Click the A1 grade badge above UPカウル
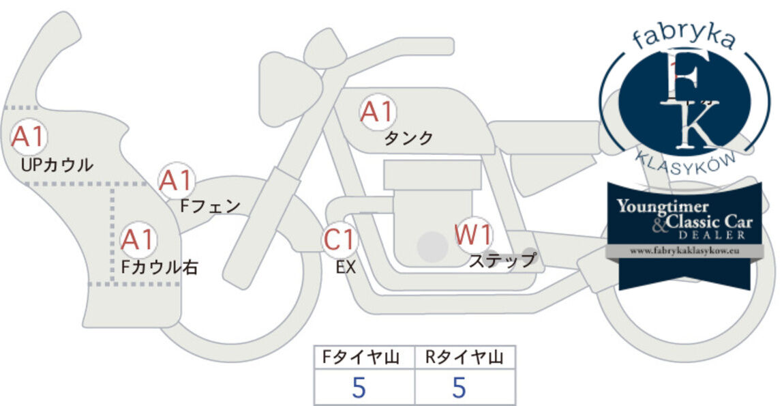coord(29,136)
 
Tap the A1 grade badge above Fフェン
coord(176,181)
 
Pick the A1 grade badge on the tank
coord(378,112)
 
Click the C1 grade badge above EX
coord(340,240)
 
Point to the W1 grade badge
coord(473,235)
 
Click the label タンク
coord(408,138)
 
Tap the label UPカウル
coord(57,164)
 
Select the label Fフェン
coord(210,206)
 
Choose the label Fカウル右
coord(160,267)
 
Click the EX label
coord(346,267)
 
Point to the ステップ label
coord(502,261)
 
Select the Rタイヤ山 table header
coord(464,358)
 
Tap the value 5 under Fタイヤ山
coord(359,388)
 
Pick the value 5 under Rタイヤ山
coord(459,388)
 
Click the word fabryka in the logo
coord(684,37)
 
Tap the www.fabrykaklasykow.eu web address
coord(684,250)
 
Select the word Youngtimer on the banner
coord(663,206)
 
